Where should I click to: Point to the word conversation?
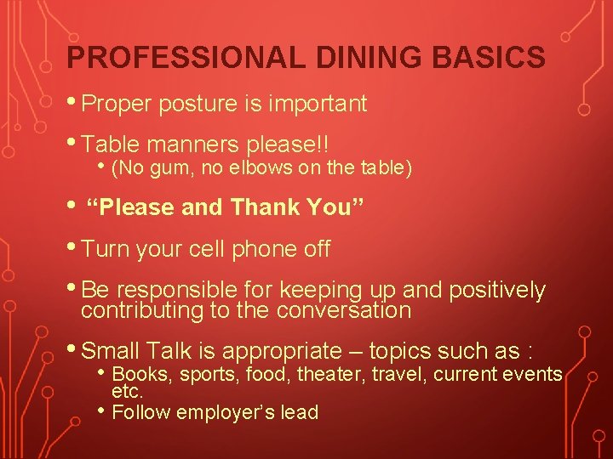(344, 310)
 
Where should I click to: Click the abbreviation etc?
(127, 392)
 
